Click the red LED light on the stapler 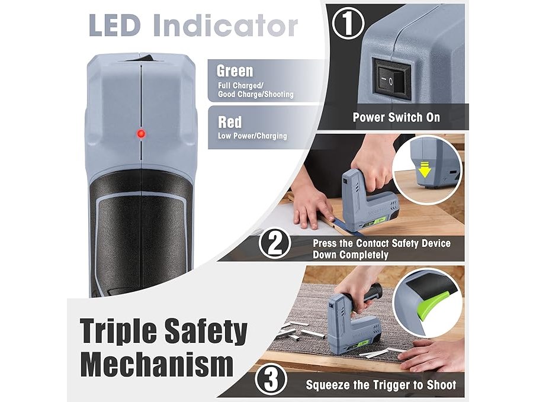coord(141,133)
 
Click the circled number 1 coord(348,23)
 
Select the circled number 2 coord(275,243)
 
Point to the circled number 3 coord(271,379)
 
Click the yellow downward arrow coord(424,169)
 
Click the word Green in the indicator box coord(235,71)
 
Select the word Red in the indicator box coord(230,122)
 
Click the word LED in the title coord(114,25)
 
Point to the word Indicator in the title coord(226,25)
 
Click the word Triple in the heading coord(119,332)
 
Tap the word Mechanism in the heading coord(157,364)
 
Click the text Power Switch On coord(396,117)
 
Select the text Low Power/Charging coord(253,136)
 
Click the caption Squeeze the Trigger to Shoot coord(381,385)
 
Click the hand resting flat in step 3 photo coord(431,355)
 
